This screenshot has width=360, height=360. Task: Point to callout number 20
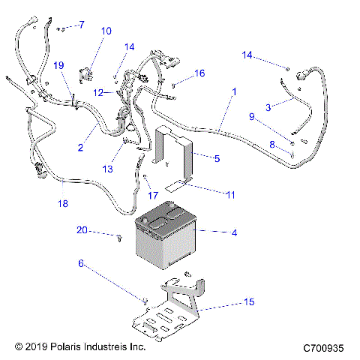point(82,229)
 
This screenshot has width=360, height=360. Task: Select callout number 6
point(82,264)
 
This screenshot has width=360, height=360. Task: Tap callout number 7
point(81,25)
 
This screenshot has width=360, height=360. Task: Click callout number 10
point(106,31)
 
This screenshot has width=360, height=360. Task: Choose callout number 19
point(59,65)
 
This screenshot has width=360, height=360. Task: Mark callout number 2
point(80,148)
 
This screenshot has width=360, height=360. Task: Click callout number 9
point(253,116)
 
